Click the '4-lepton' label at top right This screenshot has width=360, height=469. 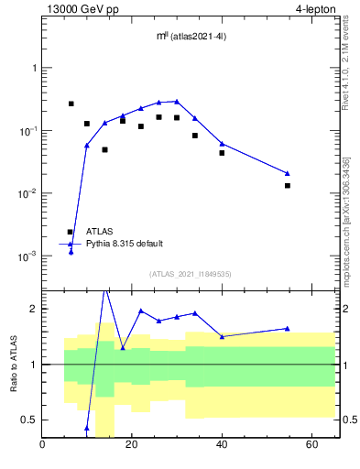[x=316, y=10]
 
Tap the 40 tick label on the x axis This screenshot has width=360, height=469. [x=222, y=446]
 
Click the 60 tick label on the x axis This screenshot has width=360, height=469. [x=311, y=446]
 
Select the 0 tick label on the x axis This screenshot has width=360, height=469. [x=43, y=446]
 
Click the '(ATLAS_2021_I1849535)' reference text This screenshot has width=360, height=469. [x=178, y=273]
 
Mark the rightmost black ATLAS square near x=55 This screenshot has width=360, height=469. [x=287, y=185]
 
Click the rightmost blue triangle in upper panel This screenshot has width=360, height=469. [x=287, y=173]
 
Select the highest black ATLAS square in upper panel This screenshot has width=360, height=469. [x=71, y=104]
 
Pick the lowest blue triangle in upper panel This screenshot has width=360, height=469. [x=71, y=251]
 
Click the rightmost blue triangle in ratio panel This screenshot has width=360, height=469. [x=287, y=328]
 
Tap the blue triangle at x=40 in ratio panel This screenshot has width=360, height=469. [x=222, y=336]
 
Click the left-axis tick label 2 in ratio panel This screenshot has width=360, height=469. [x=32, y=309]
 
